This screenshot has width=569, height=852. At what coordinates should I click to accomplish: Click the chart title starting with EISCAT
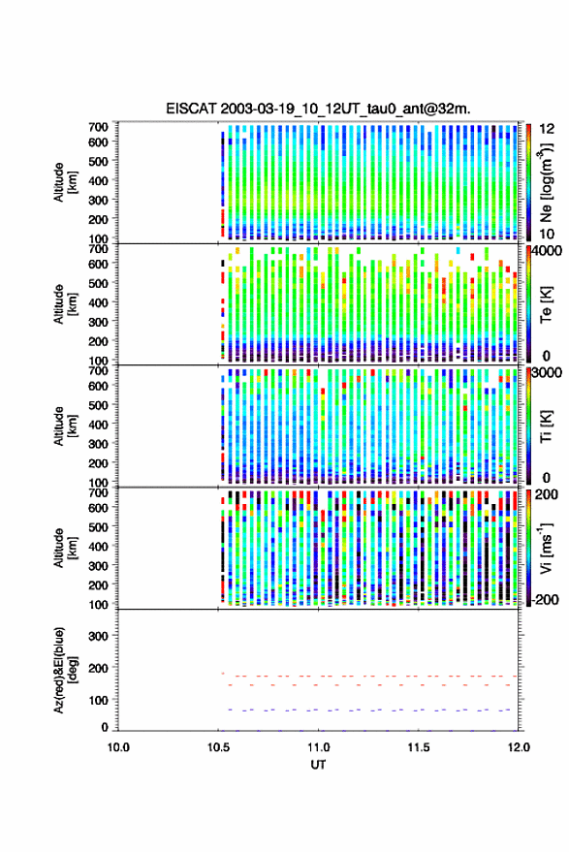(x=318, y=109)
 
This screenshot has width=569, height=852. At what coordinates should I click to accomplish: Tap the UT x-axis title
(x=318, y=765)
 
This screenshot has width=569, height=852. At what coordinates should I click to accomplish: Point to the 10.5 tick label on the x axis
(x=218, y=747)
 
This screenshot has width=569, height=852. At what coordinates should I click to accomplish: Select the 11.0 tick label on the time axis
(x=318, y=747)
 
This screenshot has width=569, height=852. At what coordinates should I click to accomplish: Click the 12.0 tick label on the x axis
(x=518, y=747)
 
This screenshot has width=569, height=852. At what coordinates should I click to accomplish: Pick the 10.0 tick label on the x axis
(x=118, y=747)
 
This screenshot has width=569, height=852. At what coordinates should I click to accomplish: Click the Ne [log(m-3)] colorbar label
(x=546, y=182)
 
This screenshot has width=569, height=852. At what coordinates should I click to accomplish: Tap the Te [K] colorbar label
(x=546, y=304)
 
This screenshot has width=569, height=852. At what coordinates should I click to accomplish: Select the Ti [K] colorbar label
(x=546, y=426)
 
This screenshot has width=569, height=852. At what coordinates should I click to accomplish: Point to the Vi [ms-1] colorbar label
(x=546, y=548)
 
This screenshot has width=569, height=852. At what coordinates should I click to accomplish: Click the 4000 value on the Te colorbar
(x=547, y=252)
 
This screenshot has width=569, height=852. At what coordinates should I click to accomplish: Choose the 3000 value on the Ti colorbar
(x=547, y=373)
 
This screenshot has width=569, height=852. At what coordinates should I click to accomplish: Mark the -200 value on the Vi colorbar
(x=544, y=600)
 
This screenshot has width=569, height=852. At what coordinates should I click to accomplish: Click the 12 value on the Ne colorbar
(x=547, y=129)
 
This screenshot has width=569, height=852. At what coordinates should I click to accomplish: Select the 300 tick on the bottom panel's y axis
(x=98, y=636)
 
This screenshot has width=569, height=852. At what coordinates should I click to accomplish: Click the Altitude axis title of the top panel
(x=64, y=182)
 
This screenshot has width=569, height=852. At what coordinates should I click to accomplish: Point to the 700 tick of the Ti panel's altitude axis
(x=98, y=370)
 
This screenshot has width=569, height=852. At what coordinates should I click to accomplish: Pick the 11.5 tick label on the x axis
(x=418, y=747)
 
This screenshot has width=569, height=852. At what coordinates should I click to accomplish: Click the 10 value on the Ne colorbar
(x=547, y=234)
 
